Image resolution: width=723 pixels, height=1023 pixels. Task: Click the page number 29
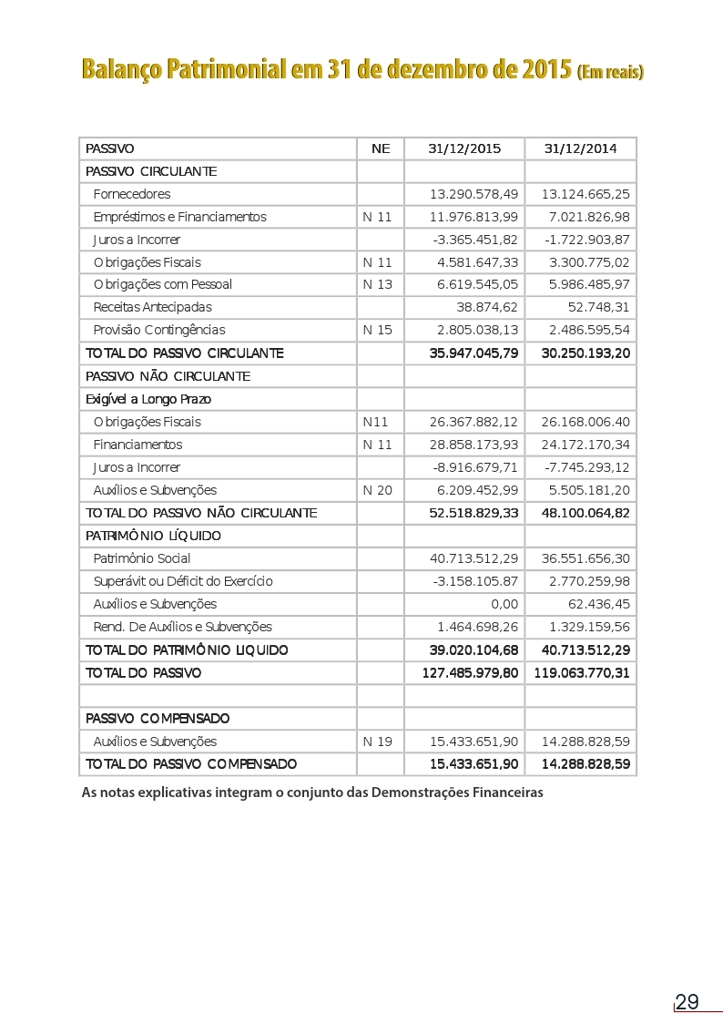pos(687,1002)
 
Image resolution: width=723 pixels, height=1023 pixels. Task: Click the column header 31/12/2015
pos(464,148)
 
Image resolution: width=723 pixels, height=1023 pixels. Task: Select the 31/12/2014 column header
pos(580,148)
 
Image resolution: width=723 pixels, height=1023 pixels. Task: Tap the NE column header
pos(381,148)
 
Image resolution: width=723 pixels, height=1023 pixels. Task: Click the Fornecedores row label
pos(131,194)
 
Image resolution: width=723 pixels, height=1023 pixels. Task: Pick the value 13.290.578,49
pos(474,194)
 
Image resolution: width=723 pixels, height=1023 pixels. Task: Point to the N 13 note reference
pos(377,284)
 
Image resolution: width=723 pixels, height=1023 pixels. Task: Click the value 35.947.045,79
pos(474,353)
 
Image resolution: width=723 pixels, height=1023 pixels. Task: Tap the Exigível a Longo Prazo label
pos(148,399)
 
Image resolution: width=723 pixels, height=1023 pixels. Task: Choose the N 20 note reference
pos(377,490)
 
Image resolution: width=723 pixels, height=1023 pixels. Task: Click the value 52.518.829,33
pos(474,513)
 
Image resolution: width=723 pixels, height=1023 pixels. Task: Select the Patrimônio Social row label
pos(142,558)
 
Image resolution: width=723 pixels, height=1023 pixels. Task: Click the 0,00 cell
pos(504,604)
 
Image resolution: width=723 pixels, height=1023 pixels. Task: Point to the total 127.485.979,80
pos(471,673)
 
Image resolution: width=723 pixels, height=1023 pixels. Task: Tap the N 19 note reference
pos(377,742)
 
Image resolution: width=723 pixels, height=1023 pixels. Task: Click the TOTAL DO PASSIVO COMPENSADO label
pos(190,763)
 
